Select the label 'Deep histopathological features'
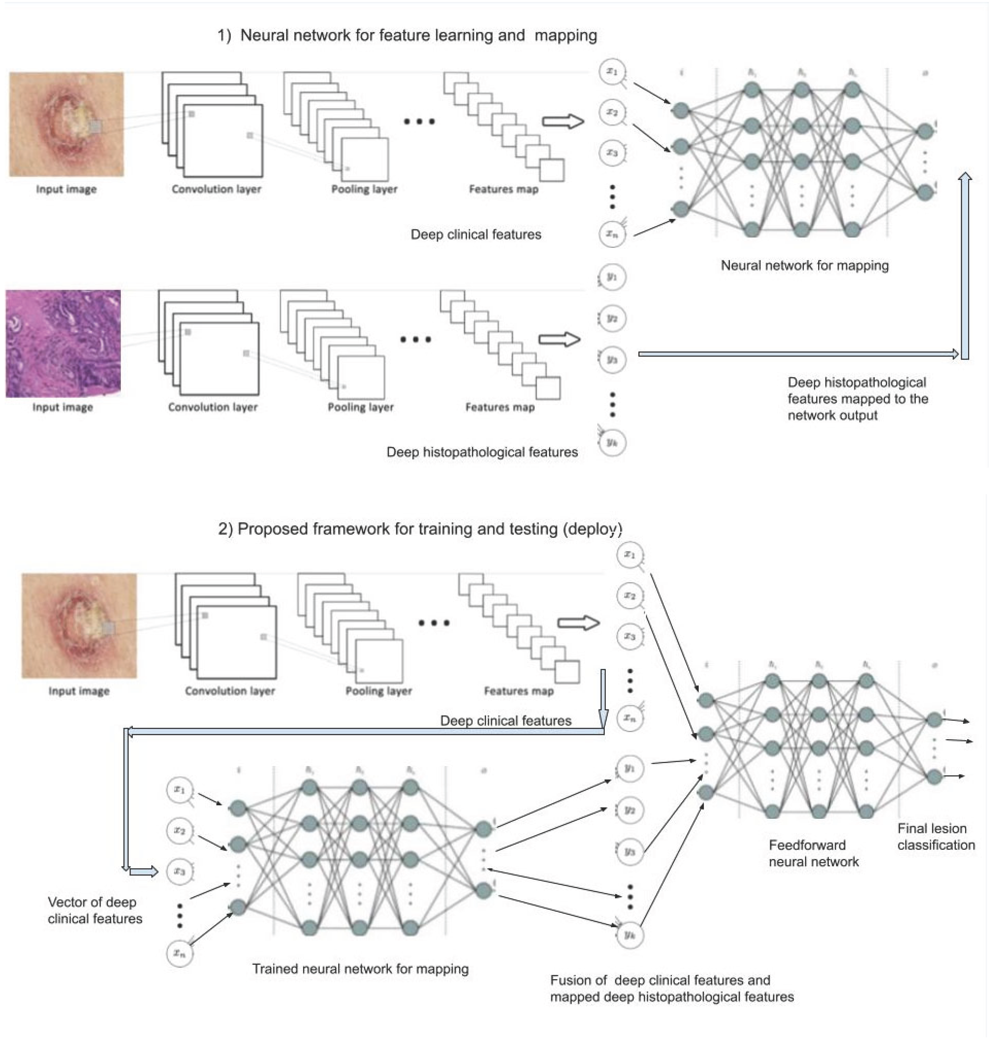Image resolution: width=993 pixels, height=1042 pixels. (x=482, y=452)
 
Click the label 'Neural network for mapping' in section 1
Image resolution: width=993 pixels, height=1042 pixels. (x=804, y=265)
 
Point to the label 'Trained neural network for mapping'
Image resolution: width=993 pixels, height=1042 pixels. (x=360, y=968)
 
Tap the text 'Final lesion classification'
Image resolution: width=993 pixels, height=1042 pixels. (x=935, y=837)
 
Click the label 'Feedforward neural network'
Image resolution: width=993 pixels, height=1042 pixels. (x=813, y=853)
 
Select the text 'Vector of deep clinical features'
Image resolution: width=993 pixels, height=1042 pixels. (x=95, y=910)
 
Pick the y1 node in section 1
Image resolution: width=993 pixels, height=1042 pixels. (x=612, y=277)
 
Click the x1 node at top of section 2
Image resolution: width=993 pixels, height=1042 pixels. (x=629, y=555)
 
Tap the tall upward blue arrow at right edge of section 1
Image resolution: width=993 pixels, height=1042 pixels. (x=965, y=265)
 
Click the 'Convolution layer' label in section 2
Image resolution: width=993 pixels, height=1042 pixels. (x=230, y=691)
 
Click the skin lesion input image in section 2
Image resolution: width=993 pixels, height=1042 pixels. (x=79, y=625)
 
